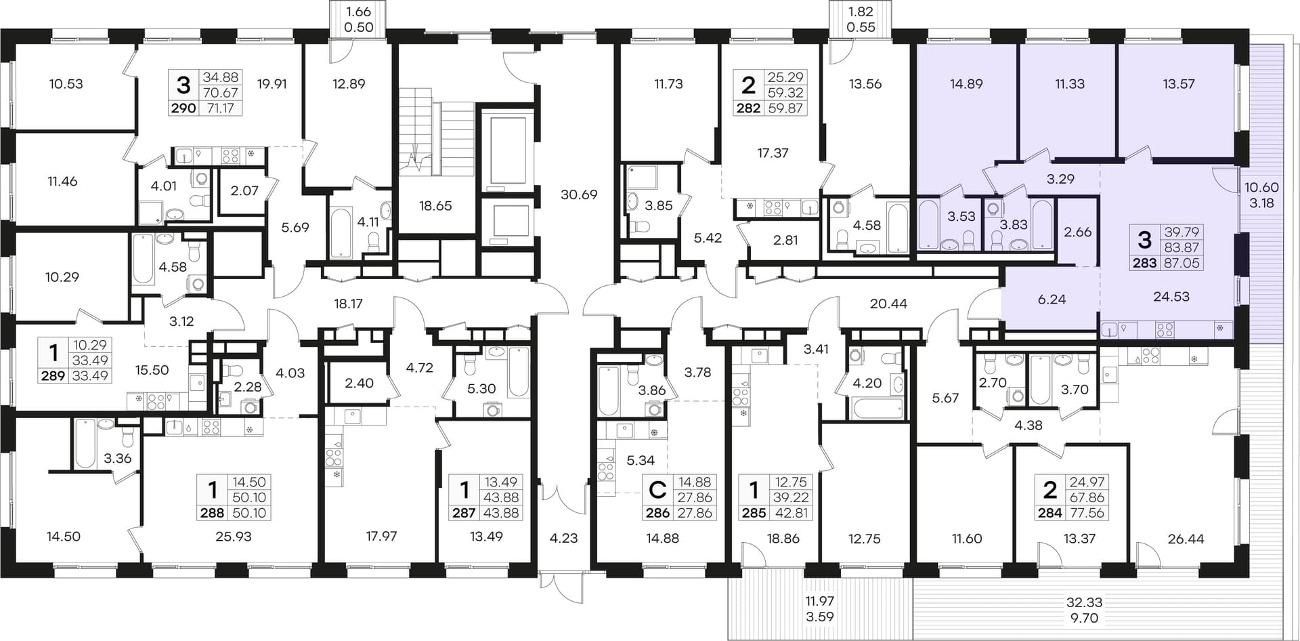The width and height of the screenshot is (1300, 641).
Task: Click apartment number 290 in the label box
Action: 183,108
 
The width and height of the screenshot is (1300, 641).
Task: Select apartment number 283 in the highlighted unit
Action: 1144,263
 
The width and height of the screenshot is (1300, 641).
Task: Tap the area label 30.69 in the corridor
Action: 579,194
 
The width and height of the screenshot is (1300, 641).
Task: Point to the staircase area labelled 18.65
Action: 435,205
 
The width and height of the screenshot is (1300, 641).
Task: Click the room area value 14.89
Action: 966,84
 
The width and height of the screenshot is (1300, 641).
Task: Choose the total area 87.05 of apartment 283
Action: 1182,263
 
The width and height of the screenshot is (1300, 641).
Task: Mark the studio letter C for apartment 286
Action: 657,490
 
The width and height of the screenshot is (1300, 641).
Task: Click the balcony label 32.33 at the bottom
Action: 1085,602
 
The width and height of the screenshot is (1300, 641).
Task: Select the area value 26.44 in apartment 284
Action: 1186,539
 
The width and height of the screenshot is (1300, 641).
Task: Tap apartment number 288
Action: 212,513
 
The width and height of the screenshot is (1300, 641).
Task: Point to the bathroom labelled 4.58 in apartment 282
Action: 867,225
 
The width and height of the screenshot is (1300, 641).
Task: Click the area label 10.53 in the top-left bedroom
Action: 66,84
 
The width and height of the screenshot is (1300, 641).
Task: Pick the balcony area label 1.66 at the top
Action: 359,12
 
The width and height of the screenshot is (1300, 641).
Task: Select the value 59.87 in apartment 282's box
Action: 785,108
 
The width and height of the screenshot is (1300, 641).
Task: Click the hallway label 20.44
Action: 888,304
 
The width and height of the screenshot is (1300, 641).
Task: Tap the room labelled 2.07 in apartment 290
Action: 244,190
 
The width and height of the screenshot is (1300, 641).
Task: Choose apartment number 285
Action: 754,513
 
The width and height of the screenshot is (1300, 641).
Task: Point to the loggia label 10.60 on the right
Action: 1261,188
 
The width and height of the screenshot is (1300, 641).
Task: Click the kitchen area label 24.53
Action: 1171,296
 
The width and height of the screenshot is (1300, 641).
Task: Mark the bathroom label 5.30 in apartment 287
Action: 481,388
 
